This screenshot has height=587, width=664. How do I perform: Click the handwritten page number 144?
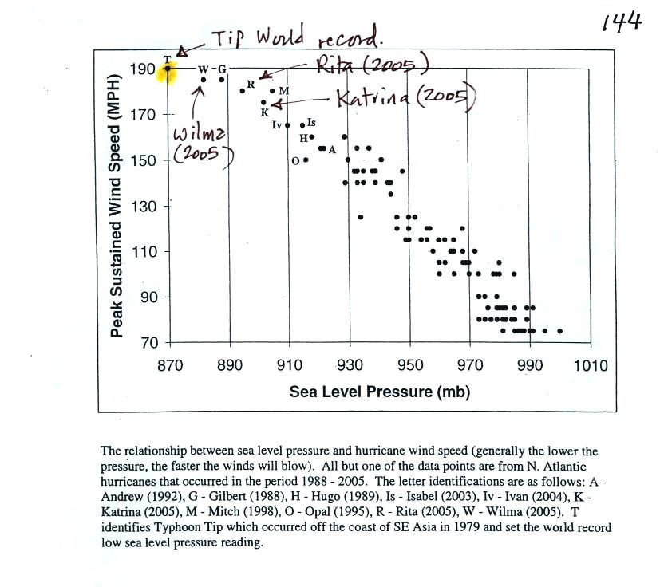[622, 22]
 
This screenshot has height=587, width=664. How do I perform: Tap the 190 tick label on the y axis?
[145, 69]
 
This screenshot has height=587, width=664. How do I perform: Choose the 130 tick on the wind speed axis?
[145, 207]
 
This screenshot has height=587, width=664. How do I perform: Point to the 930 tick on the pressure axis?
[349, 366]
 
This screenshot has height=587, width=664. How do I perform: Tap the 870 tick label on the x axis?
[169, 366]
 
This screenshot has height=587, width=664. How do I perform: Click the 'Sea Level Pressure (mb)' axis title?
[379, 392]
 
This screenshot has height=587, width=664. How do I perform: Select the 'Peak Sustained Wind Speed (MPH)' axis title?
[117, 206]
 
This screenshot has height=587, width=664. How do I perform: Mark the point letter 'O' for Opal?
[295, 160]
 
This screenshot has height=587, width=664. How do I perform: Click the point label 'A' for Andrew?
[332, 150]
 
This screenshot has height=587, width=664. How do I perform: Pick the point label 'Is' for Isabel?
[311, 123]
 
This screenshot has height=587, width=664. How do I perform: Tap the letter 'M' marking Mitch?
[283, 92]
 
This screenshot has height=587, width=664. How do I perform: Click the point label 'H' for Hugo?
[303, 138]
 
